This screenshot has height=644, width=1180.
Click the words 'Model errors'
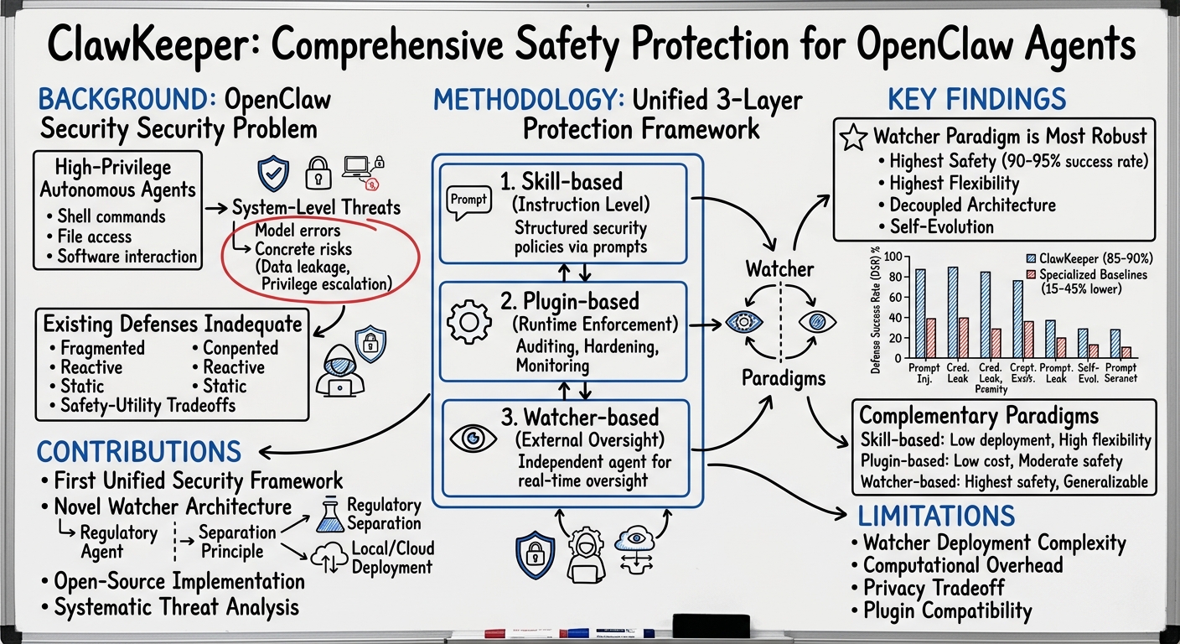point(298,231)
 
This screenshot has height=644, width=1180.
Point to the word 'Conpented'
point(240,348)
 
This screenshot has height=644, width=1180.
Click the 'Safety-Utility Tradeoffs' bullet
point(147,406)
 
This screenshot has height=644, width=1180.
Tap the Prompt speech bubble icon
point(468,201)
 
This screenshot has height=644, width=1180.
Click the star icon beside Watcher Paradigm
point(852,137)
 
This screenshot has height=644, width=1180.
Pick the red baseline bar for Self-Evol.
point(1093,351)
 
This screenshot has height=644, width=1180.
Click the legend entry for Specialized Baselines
point(1087,274)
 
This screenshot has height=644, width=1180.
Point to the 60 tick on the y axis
point(896,298)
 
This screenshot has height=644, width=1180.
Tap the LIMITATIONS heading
point(936,515)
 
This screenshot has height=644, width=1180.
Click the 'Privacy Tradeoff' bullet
point(933,588)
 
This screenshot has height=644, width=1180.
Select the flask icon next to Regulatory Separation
point(329,514)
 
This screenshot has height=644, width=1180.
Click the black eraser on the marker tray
point(706,625)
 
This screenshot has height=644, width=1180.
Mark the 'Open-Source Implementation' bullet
point(179,581)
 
